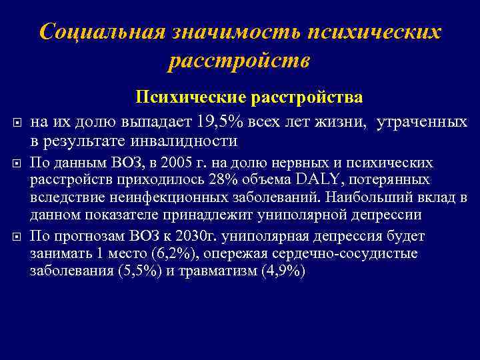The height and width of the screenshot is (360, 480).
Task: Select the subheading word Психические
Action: (192, 97)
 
